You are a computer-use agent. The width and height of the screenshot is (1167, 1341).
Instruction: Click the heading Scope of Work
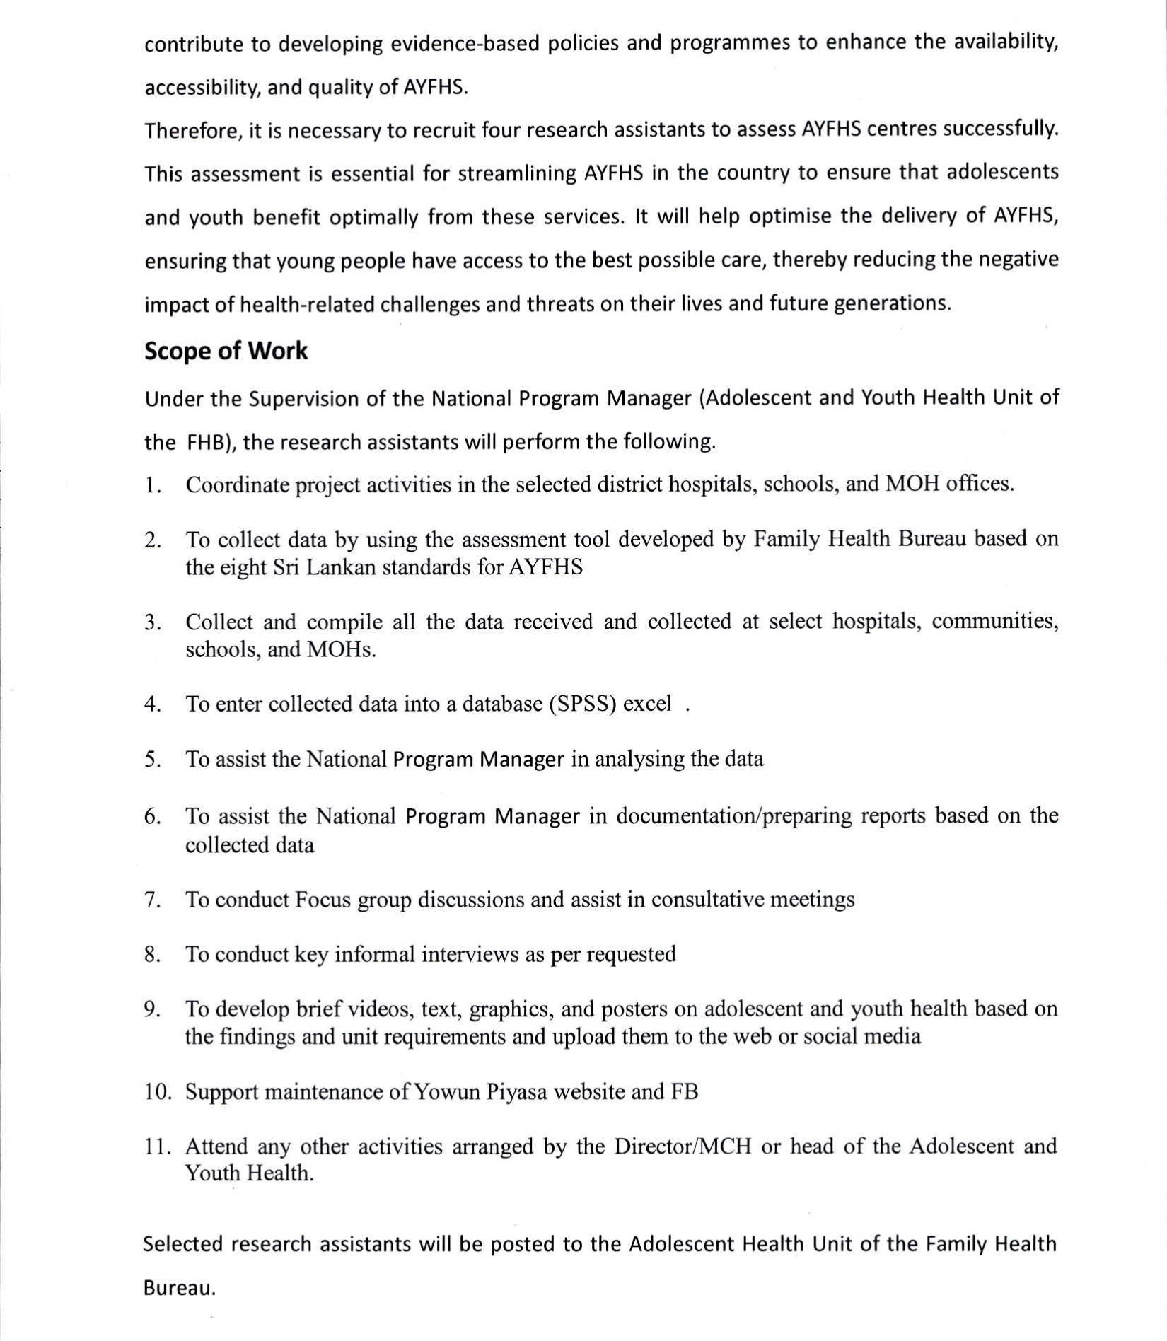pyautogui.click(x=226, y=351)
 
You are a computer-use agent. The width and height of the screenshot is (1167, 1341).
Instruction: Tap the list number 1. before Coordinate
pyautogui.click(x=153, y=485)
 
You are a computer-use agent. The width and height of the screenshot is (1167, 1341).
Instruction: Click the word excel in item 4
pyautogui.click(x=646, y=704)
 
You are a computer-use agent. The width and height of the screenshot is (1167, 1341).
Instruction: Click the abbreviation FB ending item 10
pyautogui.click(x=684, y=1092)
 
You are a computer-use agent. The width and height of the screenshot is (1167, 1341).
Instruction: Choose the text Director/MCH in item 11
pyautogui.click(x=683, y=1146)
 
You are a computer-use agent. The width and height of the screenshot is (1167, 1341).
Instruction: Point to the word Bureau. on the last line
pyautogui.click(x=179, y=1289)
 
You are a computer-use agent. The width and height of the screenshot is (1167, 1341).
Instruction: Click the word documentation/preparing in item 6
pyautogui.click(x=735, y=816)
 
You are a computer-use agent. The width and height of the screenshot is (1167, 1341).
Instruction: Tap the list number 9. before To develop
pyautogui.click(x=153, y=1009)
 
